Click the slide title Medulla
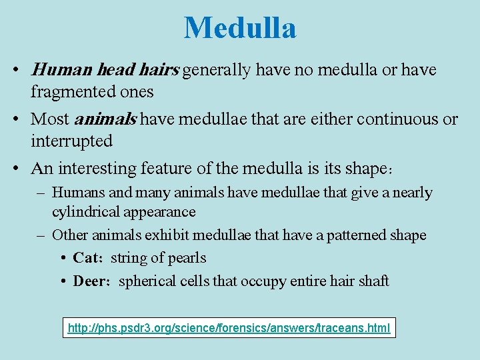(240, 28)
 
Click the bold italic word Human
(56, 70)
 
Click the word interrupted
(71, 141)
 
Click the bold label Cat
(86, 258)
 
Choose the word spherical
(143, 281)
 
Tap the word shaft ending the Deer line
(374, 281)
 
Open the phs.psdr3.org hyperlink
(229, 328)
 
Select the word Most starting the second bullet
(50, 119)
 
